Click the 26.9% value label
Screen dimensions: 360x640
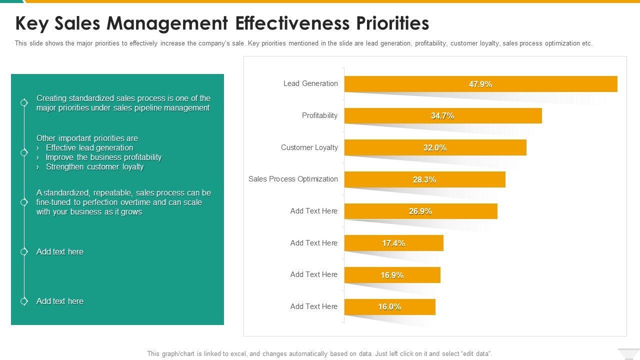pyautogui.click(x=420, y=211)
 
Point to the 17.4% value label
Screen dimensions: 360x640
pyautogui.click(x=393, y=243)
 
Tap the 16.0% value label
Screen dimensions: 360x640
pyautogui.click(x=389, y=307)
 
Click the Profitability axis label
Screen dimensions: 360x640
pyautogui.click(x=319, y=115)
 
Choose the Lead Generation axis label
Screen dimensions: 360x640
pyautogui.click(x=310, y=83)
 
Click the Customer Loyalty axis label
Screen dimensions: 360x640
pyautogui.click(x=309, y=147)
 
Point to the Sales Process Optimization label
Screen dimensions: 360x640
pyautogui.click(x=293, y=179)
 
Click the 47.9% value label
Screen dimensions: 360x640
pyautogui.click(x=480, y=84)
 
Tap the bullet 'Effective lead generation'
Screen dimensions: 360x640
pyautogui.click(x=89, y=148)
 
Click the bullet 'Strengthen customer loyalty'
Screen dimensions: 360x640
pyautogui.click(x=94, y=167)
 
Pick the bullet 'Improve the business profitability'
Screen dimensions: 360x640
pyautogui.click(x=103, y=157)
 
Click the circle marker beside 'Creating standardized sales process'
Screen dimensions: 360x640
pyautogui.click(x=24, y=102)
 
